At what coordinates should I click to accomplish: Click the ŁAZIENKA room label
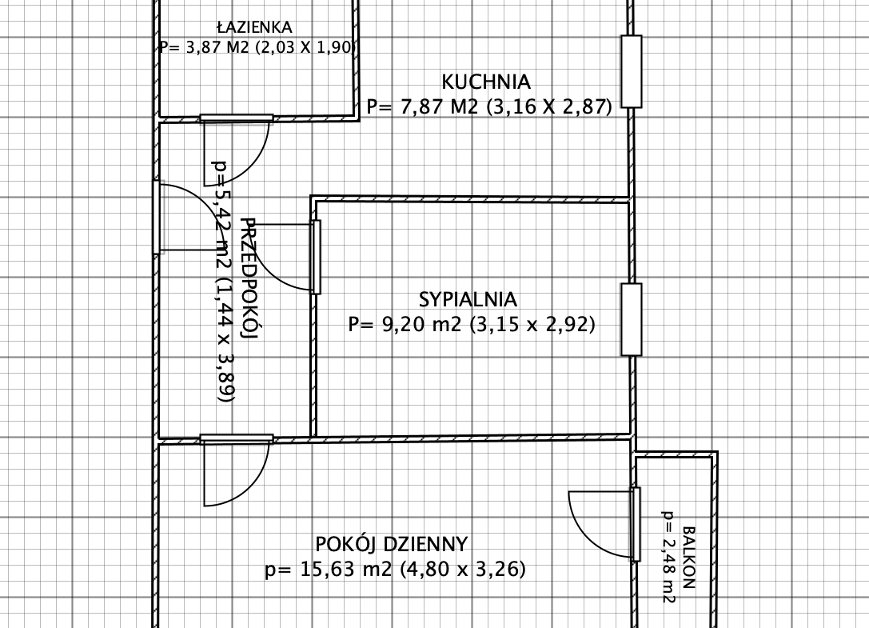(x=254, y=26)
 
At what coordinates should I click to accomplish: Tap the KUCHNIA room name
(x=486, y=82)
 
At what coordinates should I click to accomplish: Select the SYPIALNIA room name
(x=468, y=299)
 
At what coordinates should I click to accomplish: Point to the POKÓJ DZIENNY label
(x=392, y=544)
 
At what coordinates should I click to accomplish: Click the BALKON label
(x=688, y=557)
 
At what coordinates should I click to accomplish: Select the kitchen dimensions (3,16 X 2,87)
(x=549, y=106)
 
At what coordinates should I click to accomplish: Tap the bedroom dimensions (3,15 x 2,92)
(x=532, y=324)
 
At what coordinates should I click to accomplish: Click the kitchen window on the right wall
(x=632, y=71)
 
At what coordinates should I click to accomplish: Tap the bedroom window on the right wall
(x=632, y=319)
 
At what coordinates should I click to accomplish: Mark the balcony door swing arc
(x=583, y=534)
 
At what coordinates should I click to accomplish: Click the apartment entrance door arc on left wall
(x=209, y=206)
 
